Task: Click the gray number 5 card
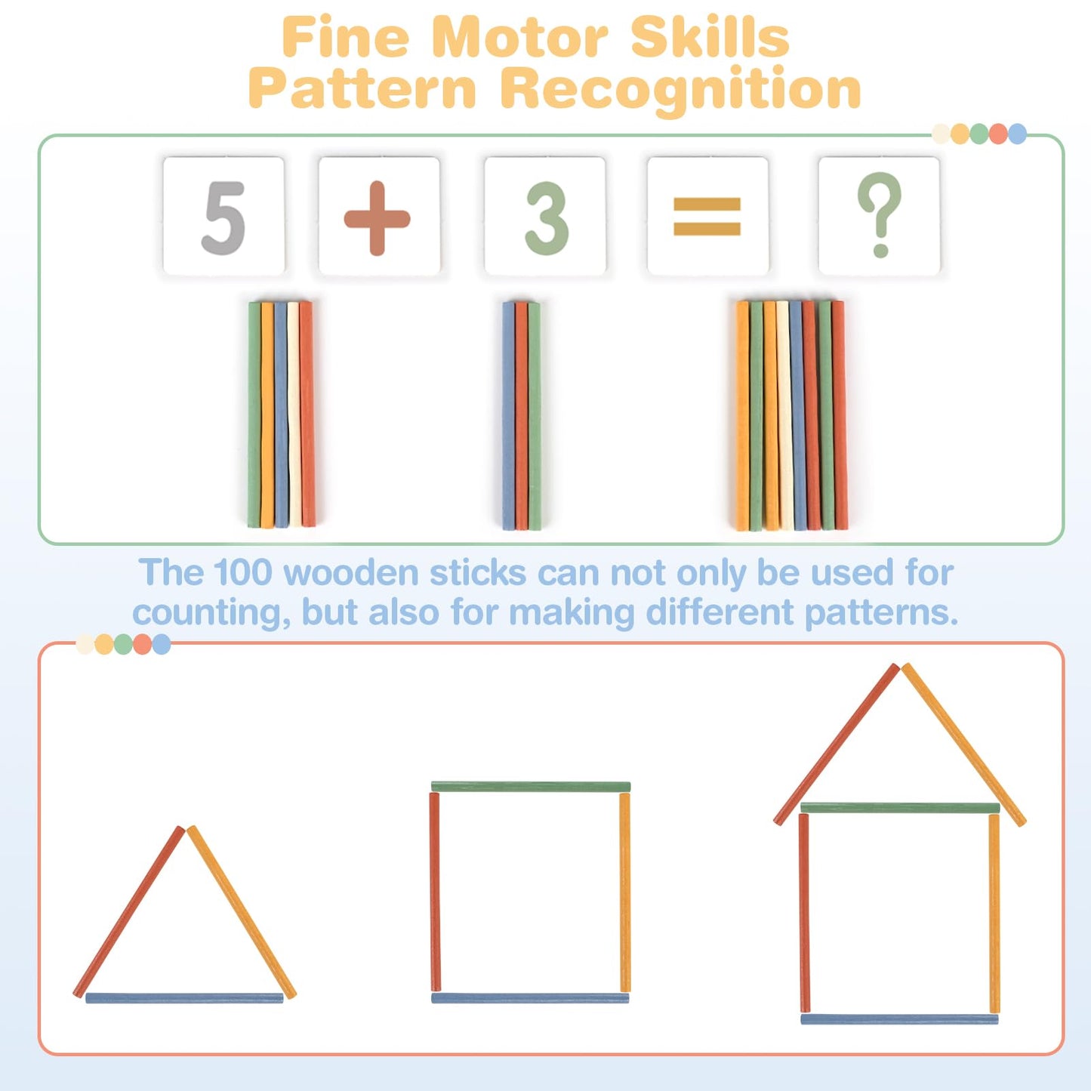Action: click(x=223, y=216)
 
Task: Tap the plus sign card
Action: click(x=379, y=216)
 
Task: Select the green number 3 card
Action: click(x=544, y=216)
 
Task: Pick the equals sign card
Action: click(x=707, y=216)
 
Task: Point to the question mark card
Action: click(x=880, y=216)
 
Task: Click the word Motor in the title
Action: click(x=522, y=38)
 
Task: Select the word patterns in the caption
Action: click(x=881, y=613)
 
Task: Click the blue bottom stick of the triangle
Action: click(x=184, y=998)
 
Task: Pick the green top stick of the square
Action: click(x=531, y=787)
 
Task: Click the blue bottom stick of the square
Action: click(x=530, y=998)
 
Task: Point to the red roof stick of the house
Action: click(x=837, y=744)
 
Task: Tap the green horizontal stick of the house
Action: click(x=900, y=808)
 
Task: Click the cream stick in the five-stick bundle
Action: click(x=294, y=415)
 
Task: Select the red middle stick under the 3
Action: click(x=522, y=415)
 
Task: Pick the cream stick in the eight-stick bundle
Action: click(x=784, y=415)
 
